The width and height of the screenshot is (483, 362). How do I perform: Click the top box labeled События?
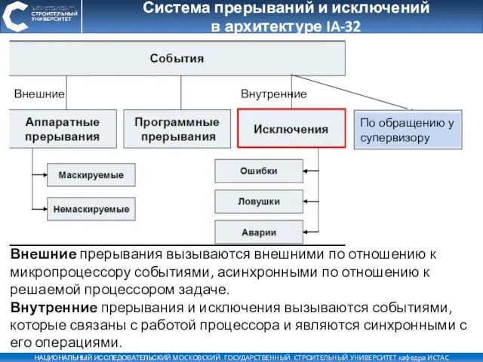[x=177, y=57]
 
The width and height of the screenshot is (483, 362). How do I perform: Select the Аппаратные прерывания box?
[x=63, y=129]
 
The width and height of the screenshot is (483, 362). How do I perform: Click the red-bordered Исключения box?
[x=291, y=129]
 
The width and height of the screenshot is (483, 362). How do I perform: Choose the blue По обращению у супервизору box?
[x=408, y=130]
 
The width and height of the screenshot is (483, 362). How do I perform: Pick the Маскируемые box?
[x=91, y=175]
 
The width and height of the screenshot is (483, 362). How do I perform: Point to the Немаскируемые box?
[x=91, y=208]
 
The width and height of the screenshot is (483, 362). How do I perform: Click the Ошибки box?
[x=258, y=171]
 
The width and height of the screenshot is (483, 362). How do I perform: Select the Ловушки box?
[x=258, y=201]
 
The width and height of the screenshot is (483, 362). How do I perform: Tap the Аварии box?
[x=258, y=232]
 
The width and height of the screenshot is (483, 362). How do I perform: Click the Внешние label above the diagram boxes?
[x=39, y=94]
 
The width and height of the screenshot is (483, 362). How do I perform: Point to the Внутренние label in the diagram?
[x=273, y=94]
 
